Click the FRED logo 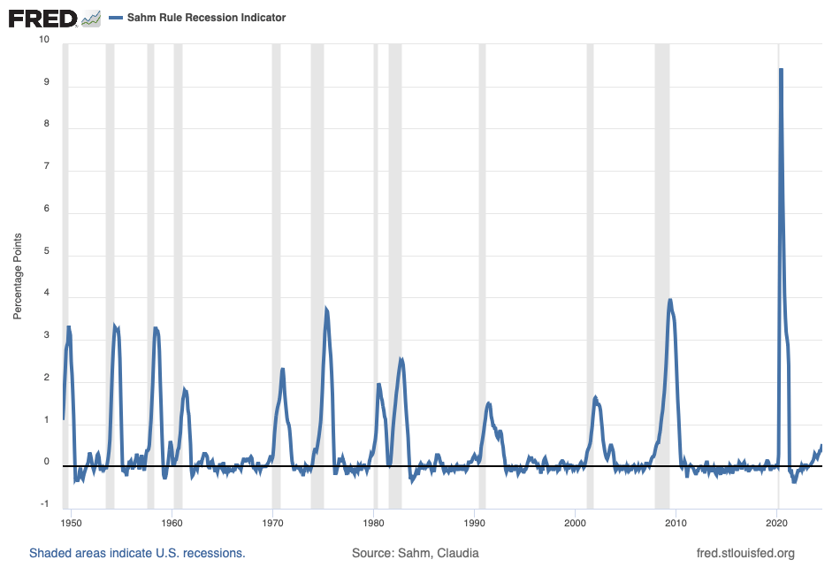click(42, 18)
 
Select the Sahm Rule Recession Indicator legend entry click(204, 18)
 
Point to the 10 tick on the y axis click(43, 41)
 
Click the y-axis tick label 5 click(46, 252)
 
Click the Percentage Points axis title click(17, 276)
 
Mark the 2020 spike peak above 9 click(781, 69)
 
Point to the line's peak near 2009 click(670, 300)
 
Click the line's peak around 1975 click(326, 309)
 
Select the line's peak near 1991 click(489, 403)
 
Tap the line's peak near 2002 click(595, 397)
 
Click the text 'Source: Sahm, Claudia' click(416, 554)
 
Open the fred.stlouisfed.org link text click(746, 554)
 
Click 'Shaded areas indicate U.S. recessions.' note click(137, 554)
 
